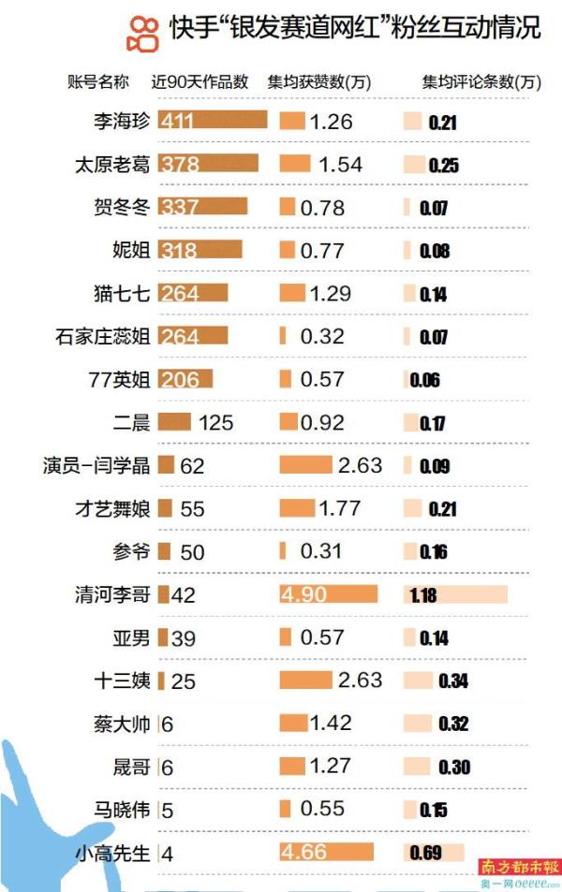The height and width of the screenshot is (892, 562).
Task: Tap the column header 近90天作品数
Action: [200, 81]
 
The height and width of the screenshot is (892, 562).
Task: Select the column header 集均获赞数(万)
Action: [319, 81]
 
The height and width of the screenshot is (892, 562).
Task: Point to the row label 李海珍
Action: [126, 121]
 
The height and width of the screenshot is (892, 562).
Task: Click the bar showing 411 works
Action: [214, 121]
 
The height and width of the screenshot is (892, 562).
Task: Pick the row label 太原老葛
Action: [112, 164]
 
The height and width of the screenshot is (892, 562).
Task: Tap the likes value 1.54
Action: [340, 164]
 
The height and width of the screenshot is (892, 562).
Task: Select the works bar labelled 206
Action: [185, 379]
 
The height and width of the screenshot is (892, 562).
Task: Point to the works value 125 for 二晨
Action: [215, 423]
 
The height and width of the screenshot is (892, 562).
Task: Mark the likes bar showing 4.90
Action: [329, 594]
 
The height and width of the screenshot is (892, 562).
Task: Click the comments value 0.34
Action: [453, 680]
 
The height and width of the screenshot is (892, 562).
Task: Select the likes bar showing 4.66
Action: [327, 853]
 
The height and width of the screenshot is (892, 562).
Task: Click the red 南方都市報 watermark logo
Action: [519, 866]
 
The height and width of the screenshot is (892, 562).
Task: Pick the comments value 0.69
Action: [428, 853]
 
